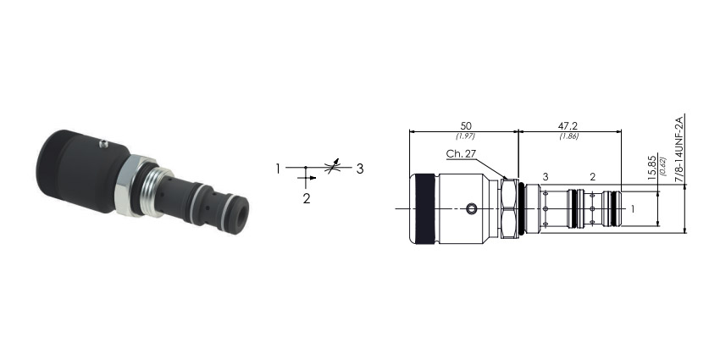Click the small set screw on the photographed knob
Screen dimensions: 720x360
[x=104, y=144]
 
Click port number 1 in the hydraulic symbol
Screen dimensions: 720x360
[x=278, y=169]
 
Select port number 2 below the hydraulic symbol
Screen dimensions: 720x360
[x=307, y=199]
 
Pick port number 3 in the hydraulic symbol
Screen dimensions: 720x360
[x=360, y=169]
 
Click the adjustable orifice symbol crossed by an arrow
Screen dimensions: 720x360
[x=332, y=167]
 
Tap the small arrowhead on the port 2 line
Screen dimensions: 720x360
[x=313, y=177]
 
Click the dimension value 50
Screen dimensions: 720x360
[x=466, y=126]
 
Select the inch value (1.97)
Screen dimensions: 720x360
[x=465, y=136]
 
